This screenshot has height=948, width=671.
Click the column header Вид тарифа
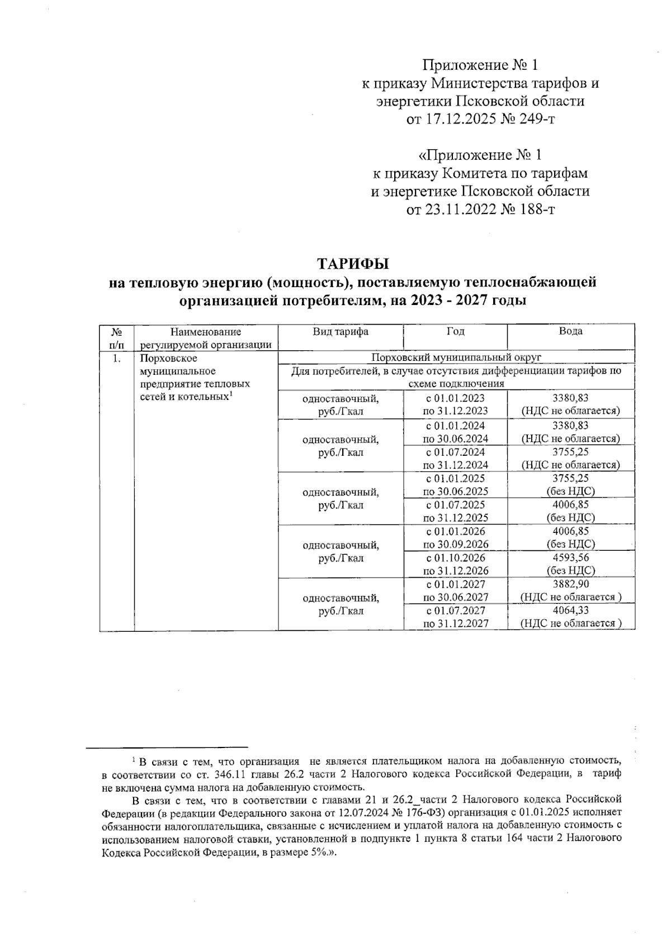(340, 331)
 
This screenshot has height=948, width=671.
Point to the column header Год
(455, 331)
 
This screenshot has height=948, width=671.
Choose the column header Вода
(570, 331)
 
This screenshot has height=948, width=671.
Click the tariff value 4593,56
(570, 558)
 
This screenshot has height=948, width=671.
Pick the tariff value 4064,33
(570, 611)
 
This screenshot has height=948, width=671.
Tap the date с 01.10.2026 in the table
(456, 558)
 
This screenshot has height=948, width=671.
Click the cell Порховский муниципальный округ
(456, 357)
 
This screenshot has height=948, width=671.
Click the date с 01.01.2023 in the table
(456, 398)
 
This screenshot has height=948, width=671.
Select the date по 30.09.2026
(456, 544)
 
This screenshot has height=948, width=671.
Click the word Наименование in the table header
(206, 332)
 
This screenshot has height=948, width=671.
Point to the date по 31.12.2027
(456, 623)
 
